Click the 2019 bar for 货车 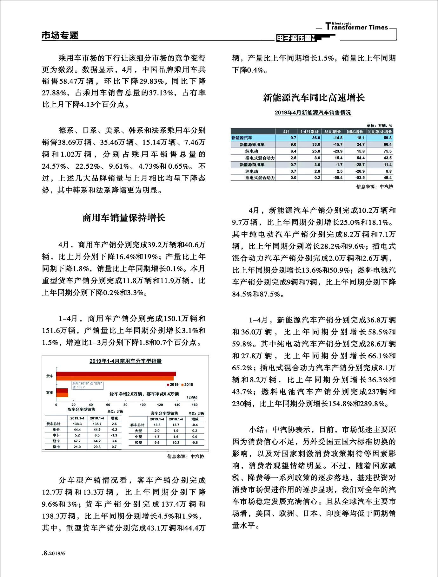[116, 374]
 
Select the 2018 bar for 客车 [62, 395]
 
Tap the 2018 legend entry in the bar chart [187, 385]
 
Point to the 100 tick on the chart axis [143, 405]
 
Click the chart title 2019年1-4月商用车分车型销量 [125, 361]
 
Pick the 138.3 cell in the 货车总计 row [77, 424]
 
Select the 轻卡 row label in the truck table [56, 441]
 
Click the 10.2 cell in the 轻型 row [176, 443]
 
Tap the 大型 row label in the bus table [138, 431]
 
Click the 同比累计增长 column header [380, 131]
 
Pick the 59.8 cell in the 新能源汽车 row [387, 138]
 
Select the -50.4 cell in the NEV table [338, 178]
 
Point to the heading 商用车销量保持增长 [123, 218]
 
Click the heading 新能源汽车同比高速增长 [314, 98]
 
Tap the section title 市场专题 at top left [60, 35]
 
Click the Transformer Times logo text [357, 27]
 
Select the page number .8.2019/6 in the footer [53, 553]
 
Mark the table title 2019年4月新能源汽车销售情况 [313, 113]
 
